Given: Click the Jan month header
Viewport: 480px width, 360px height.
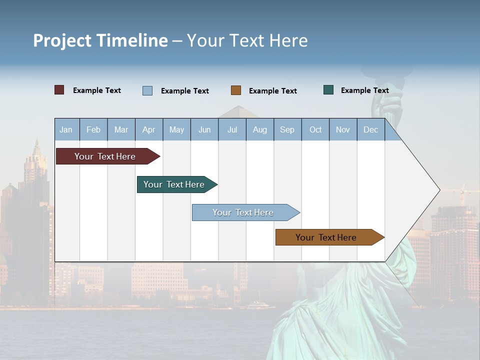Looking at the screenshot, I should [x=66, y=129].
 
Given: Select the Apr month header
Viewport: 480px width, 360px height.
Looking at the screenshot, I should [x=148, y=129].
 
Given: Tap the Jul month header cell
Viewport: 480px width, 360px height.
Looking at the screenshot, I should [x=232, y=129].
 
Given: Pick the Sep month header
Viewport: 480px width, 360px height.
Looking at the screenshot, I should [x=287, y=129].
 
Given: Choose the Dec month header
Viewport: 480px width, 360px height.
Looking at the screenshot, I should [x=370, y=129].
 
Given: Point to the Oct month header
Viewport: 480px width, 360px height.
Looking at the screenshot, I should [x=315, y=129].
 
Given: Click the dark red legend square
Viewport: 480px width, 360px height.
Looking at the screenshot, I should [x=59, y=90].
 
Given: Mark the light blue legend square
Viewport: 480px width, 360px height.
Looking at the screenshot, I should [x=147, y=90].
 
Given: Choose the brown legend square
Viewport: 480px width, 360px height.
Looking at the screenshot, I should [x=236, y=90].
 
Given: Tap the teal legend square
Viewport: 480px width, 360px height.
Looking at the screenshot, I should [x=328, y=90].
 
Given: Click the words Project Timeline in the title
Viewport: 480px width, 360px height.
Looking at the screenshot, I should [x=100, y=40].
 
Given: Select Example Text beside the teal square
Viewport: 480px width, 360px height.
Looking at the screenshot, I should [x=364, y=90].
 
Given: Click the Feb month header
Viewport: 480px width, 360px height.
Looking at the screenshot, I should [x=93, y=129].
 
